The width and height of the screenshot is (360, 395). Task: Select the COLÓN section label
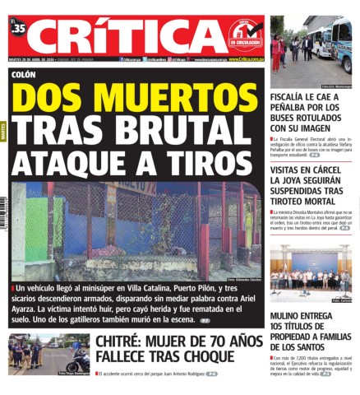pos(24,74)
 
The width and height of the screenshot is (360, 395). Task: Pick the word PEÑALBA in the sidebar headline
pos(295,107)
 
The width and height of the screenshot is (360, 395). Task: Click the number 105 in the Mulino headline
pos(280,326)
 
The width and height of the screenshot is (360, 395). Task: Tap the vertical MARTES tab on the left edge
pos(3,132)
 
